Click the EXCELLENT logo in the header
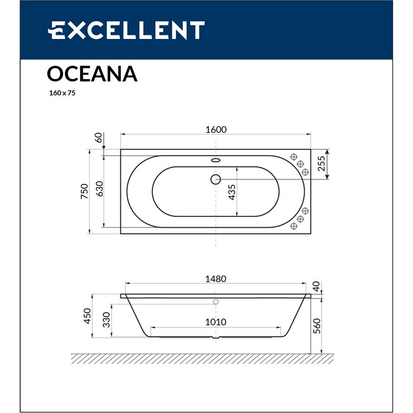pyautogui.click(x=126, y=30)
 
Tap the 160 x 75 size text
pyautogui.click(x=62, y=93)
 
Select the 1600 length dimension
pyautogui.click(x=216, y=130)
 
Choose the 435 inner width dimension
pyautogui.click(x=232, y=192)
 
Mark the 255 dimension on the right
pyautogui.click(x=322, y=163)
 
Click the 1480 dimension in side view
pyautogui.click(x=216, y=279)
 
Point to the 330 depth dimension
pyautogui.click(x=106, y=320)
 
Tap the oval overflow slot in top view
pyautogui.click(x=215, y=160)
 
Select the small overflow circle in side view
pyautogui.click(x=216, y=301)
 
